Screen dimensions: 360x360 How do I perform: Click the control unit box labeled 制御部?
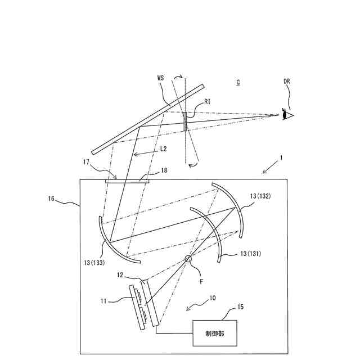[x=215, y=334]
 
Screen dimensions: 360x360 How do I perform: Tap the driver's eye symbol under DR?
[x=287, y=115]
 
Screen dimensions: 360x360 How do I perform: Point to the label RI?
[x=208, y=102]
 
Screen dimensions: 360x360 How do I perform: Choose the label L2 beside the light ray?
[x=163, y=148]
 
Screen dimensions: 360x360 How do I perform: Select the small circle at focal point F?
[x=188, y=259]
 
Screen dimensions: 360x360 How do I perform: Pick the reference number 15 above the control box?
[x=241, y=307]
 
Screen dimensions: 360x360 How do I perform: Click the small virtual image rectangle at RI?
[x=184, y=121]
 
